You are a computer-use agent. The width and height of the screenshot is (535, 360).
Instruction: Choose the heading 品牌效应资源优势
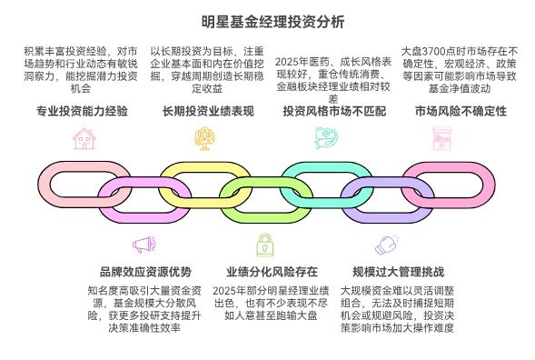click(x=145, y=271)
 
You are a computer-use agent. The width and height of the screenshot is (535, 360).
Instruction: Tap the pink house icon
click(x=83, y=138)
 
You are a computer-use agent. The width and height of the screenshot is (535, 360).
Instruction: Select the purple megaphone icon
click(x=143, y=244)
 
